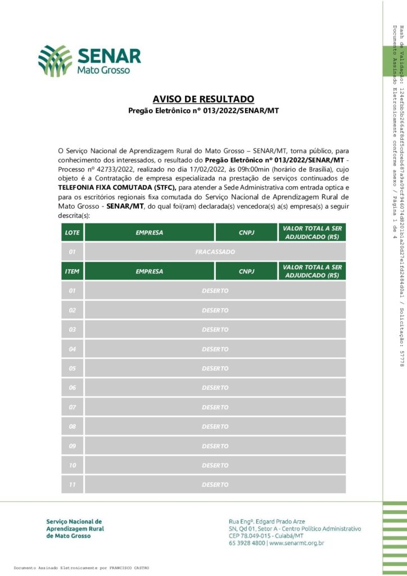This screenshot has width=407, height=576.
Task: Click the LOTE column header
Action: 72,232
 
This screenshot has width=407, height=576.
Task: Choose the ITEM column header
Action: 72,271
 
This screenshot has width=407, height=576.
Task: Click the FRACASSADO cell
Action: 215,251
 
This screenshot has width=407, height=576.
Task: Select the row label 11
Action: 72,484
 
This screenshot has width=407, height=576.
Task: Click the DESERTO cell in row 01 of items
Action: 215,291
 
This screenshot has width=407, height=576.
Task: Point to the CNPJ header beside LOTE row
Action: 247,232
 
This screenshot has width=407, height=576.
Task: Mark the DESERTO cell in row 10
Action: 215,465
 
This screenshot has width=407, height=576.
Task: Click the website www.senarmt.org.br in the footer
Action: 297,543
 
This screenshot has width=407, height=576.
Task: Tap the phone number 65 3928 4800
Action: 247,543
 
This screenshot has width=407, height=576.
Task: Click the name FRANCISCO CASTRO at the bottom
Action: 130,568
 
